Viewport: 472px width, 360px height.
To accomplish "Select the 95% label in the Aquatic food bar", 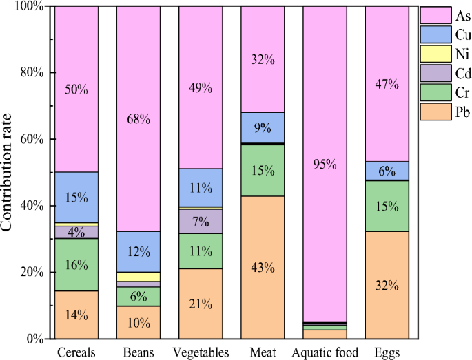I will coord(325,164).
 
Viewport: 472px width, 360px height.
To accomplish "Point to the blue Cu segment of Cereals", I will coord(76,197).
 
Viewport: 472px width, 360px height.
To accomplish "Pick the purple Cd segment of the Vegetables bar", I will coord(201,221).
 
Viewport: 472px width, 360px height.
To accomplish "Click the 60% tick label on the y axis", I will coord(30,139).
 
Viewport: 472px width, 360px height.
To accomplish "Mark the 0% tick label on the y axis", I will coord(34,339).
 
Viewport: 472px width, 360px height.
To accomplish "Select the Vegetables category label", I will coord(201,353).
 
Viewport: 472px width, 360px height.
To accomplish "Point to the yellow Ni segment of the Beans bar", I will coord(138,277).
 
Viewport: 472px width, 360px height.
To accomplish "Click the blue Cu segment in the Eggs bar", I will coord(387,171).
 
